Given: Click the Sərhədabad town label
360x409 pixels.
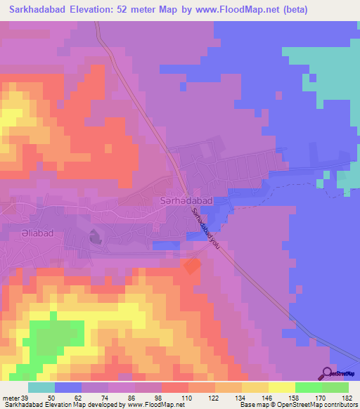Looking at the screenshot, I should (x=184, y=201).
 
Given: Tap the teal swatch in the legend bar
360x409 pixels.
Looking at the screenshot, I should (x=41, y=388).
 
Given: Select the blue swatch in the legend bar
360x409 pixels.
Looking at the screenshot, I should (x=67, y=388).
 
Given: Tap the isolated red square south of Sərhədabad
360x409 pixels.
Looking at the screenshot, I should (x=191, y=266).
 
